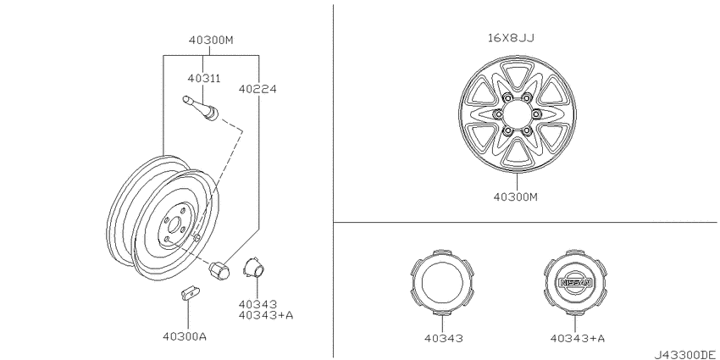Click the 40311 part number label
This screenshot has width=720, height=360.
204,78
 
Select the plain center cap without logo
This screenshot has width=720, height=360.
441,281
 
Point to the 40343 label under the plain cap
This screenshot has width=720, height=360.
441,338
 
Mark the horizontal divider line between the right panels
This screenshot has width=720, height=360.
525,223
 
